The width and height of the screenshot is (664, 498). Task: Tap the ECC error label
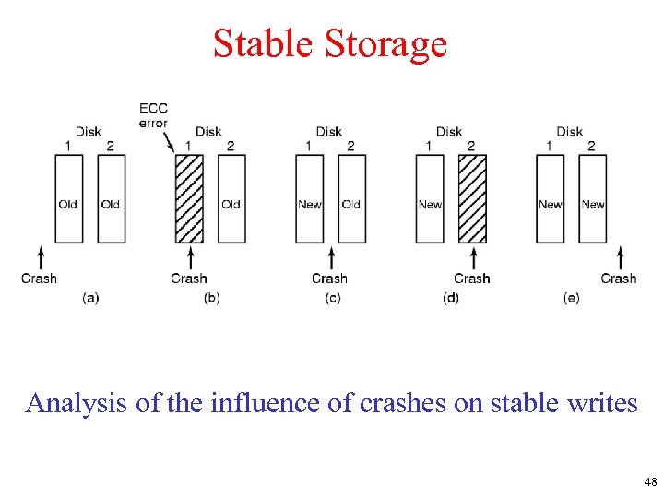[153, 116]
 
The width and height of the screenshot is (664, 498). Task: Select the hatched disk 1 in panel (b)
[188, 198]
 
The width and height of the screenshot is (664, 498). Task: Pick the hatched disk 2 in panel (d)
[472, 198]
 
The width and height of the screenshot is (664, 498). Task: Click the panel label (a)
[90, 298]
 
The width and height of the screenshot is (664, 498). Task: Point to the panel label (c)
[332, 298]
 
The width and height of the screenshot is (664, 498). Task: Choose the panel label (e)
[571, 298]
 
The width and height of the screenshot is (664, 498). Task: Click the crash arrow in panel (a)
[40, 256]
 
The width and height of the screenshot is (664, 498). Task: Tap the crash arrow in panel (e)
[619, 256]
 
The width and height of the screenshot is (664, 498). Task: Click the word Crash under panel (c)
[329, 279]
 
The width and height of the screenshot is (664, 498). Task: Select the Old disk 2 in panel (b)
[231, 198]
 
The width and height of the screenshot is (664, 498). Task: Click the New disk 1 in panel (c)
[309, 198]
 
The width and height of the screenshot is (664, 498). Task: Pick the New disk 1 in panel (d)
[430, 198]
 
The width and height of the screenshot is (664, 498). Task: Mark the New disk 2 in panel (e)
[593, 198]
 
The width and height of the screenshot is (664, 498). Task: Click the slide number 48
[650, 481]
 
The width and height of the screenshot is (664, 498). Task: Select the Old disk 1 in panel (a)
[68, 198]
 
